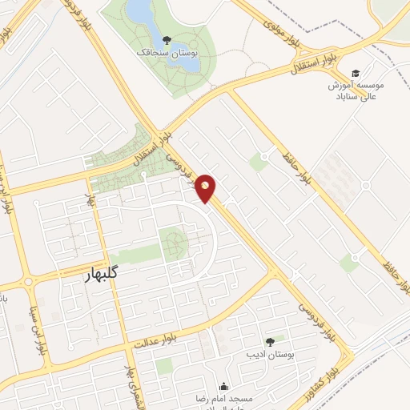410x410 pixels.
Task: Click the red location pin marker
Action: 206,188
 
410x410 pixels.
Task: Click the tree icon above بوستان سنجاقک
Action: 166,38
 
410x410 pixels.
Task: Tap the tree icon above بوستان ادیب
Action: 269,341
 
